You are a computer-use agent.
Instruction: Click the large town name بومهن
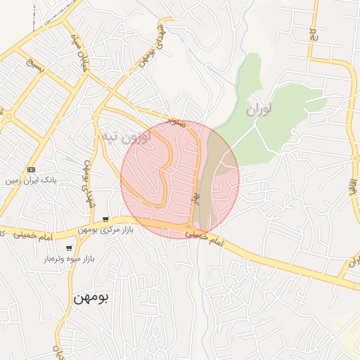(x=91, y=297)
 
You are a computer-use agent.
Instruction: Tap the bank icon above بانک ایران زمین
(x=31, y=169)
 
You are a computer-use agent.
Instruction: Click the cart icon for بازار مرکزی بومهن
(x=105, y=219)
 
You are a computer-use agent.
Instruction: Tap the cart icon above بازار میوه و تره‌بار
(x=68, y=248)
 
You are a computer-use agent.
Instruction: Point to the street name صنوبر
(x=176, y=122)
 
